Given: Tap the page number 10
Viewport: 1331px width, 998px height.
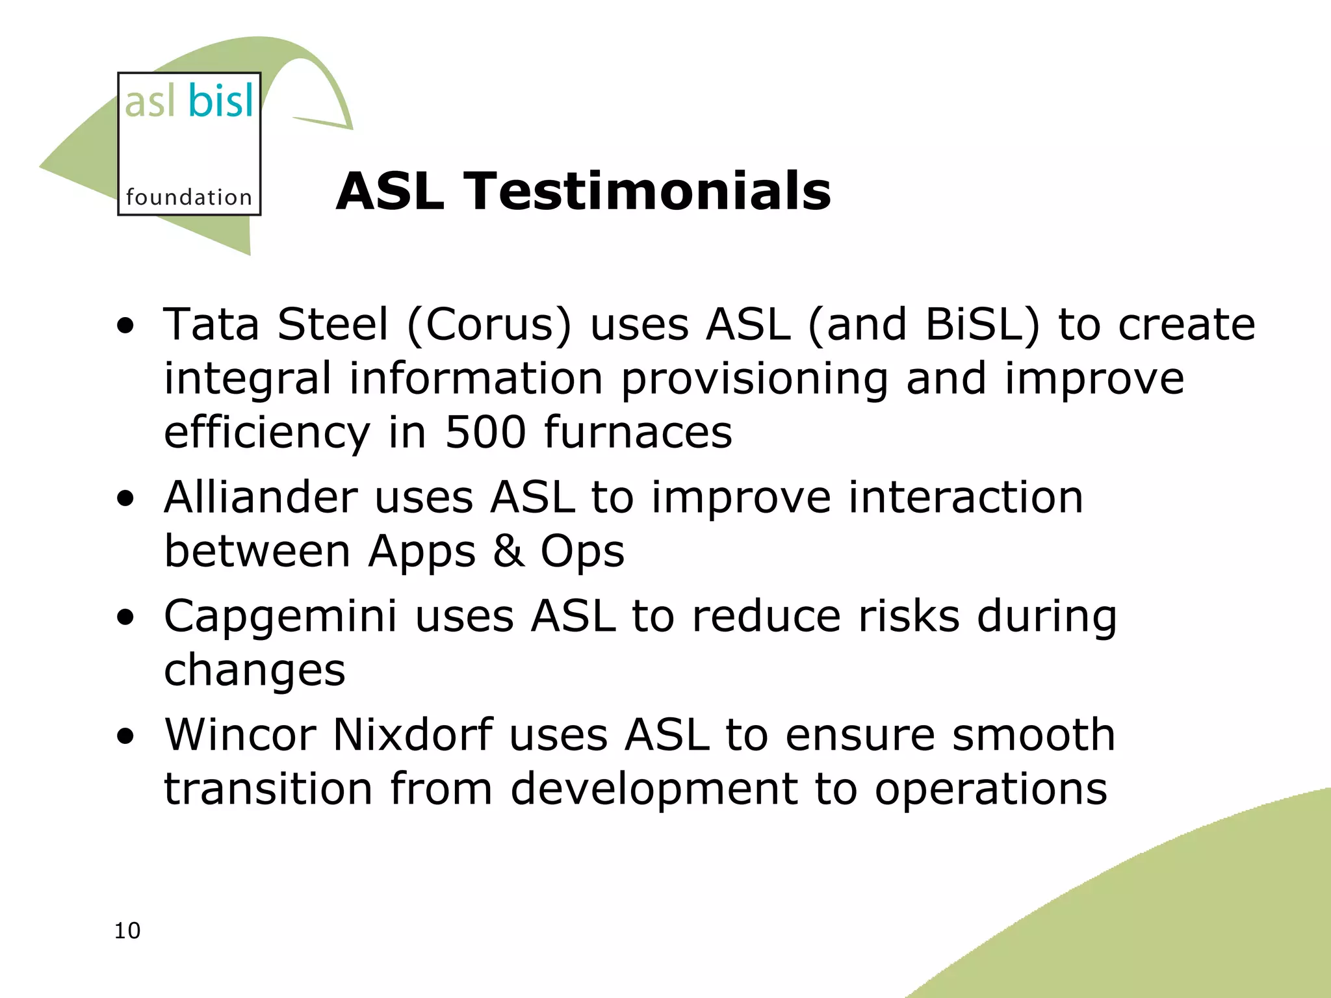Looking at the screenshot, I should [x=127, y=930].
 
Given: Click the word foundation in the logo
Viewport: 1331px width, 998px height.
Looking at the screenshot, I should [x=188, y=197].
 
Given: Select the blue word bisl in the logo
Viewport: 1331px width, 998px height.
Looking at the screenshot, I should [x=221, y=101].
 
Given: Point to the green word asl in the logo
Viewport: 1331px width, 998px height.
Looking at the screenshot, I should [x=150, y=103].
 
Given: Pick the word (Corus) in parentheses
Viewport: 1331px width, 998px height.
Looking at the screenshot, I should [x=489, y=325].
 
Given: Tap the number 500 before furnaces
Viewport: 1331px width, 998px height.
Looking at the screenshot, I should [x=485, y=432].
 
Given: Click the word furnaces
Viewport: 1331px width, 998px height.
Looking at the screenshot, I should [x=638, y=432].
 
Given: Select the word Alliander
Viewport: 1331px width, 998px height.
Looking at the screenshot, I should [x=261, y=497].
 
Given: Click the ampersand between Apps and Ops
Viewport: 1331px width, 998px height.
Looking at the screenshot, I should [x=508, y=551].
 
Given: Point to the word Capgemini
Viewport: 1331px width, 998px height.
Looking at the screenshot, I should [x=280, y=616].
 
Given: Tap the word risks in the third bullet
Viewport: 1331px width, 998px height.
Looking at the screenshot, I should [x=909, y=616].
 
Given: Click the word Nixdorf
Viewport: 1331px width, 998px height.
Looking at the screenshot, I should [x=413, y=735].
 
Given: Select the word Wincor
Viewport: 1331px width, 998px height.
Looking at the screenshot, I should [x=240, y=735].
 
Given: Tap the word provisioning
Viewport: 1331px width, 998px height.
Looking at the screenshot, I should [x=755, y=379].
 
